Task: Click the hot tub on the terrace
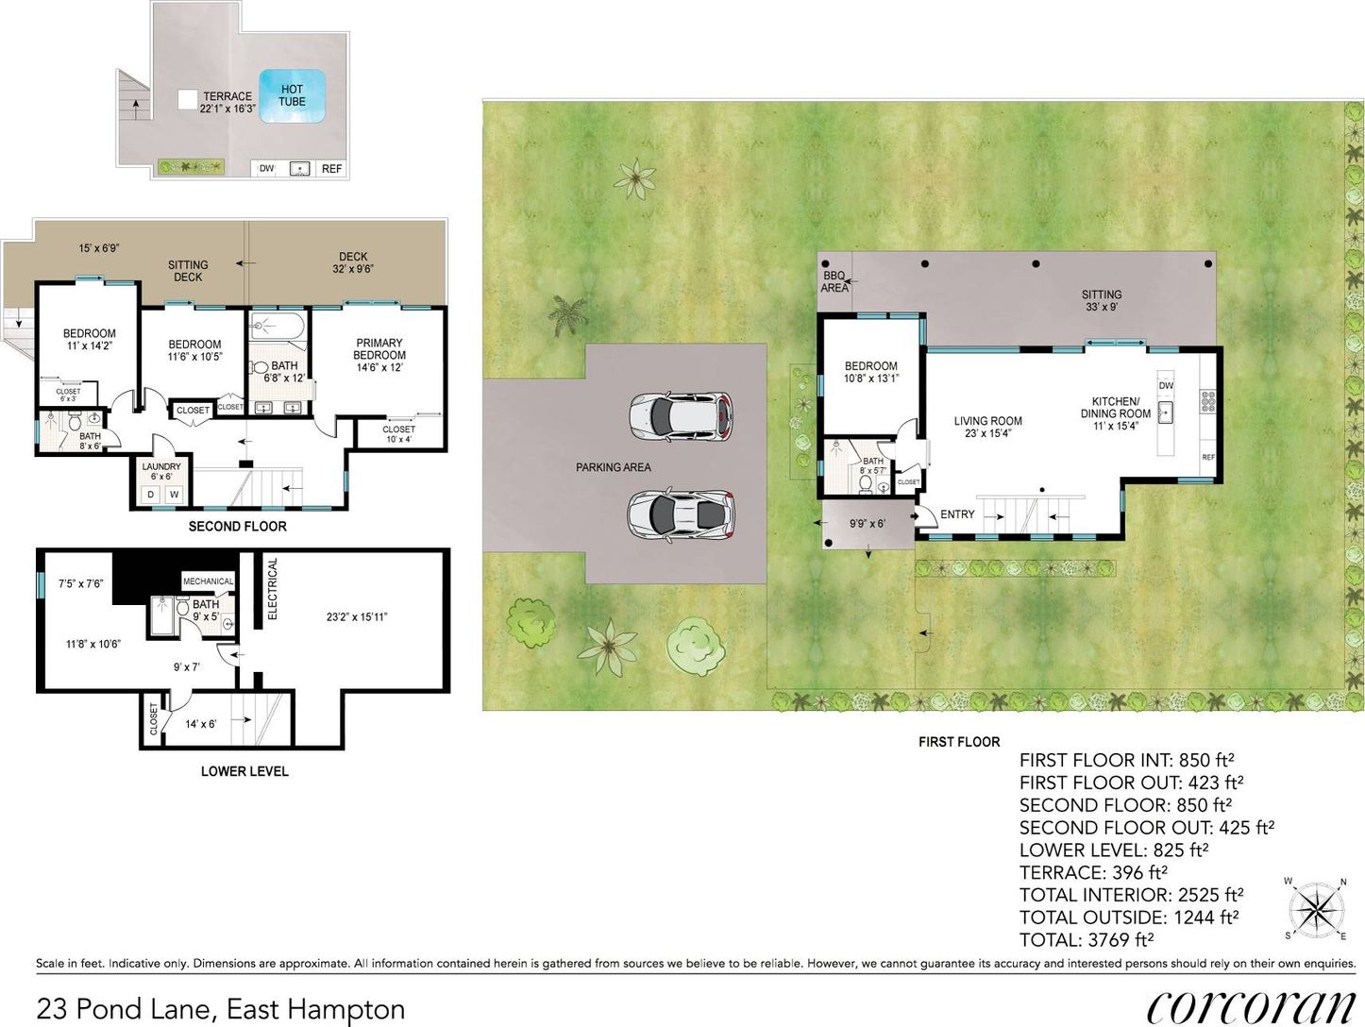pos(293,95)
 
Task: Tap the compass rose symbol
pos(1317,908)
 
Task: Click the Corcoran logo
pos(1251,1006)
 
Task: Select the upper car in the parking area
pos(681,416)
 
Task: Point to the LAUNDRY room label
pos(161,466)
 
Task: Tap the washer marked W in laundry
pos(174,495)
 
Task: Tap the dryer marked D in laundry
pos(150,495)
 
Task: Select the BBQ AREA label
pos(834,281)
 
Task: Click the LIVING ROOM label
pos(988,421)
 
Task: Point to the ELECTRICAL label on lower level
pos(272,589)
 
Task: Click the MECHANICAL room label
pos(209,581)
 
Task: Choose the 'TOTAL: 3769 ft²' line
pos(1087,939)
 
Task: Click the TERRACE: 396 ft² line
pos(1093,872)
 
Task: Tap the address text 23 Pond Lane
pos(125,1008)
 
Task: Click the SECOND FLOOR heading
pos(238,527)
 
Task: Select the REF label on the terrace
pos(331,168)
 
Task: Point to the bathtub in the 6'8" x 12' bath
pos(278,327)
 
